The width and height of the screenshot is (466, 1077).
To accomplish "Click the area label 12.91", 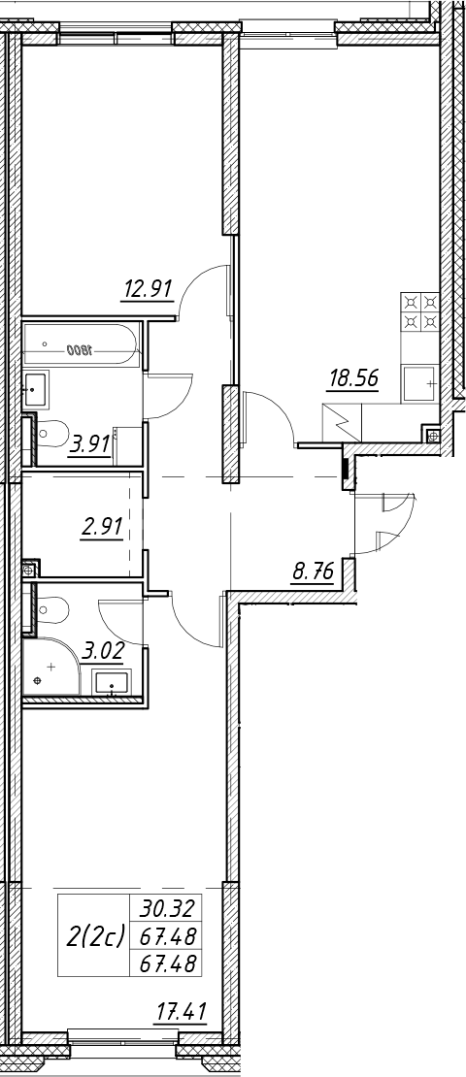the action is point(147,287).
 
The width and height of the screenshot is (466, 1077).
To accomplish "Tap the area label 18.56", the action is point(353,377).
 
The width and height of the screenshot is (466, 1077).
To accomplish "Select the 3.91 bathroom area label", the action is point(90,444).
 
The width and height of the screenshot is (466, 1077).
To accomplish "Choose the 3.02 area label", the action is point(102,651).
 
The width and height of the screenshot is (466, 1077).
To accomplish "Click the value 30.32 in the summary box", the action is point(168,908).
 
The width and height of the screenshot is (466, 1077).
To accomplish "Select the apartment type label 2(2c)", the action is point(95,934).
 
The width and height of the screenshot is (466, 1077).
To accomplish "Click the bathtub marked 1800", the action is point(81,346).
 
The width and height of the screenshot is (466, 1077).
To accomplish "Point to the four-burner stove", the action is point(420,312).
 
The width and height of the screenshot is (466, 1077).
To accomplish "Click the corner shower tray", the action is point(50,667).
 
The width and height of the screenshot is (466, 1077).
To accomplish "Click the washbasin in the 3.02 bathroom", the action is point(112,683).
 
